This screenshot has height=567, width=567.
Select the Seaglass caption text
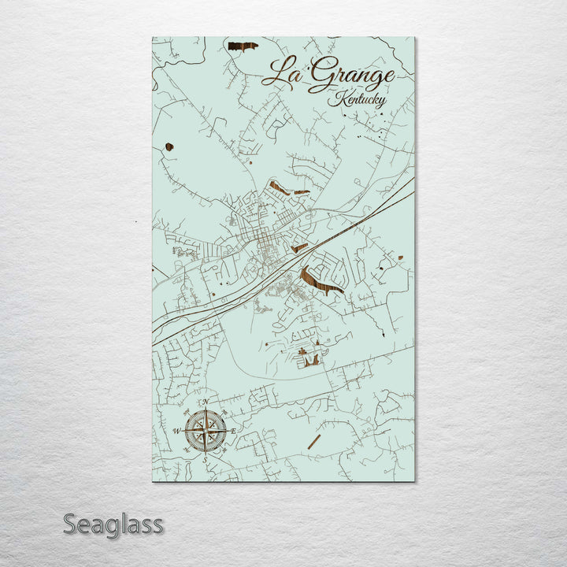click(x=113, y=524)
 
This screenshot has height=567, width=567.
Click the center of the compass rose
click(x=206, y=430)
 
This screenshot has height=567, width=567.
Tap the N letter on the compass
click(x=206, y=403)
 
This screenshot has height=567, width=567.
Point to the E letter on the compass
click(x=233, y=431)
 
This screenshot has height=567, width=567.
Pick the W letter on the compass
click(x=176, y=431)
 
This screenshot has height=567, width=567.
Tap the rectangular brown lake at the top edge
click(x=243, y=46)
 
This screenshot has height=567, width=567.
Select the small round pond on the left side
click(x=169, y=146)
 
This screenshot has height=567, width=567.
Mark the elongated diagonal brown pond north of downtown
click(x=279, y=187)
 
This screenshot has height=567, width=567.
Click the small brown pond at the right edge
click(x=400, y=257)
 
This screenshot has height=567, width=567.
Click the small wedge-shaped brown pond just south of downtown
click(x=299, y=248)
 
